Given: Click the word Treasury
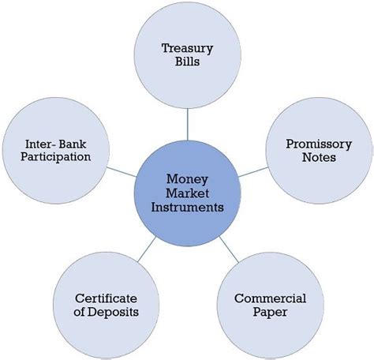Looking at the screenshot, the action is point(187,49).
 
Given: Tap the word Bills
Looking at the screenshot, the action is point(187,62).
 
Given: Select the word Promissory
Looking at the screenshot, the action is point(319,144).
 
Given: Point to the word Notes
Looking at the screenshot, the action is point(319,157).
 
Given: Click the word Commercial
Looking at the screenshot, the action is point(270,298).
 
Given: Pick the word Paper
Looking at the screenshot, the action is point(270,312).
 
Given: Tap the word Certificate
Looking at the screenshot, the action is point(106,298).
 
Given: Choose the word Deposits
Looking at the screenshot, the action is point(113,313).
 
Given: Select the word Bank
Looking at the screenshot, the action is point(73,144).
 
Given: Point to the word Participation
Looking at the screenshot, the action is point(56,157).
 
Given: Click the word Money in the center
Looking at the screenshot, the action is point(187,180).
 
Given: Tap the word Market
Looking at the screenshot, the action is point(187,193).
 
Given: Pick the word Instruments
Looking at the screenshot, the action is point(187,207).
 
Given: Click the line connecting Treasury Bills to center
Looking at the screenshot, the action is point(188,125).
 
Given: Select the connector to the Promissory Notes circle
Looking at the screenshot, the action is point(253,172).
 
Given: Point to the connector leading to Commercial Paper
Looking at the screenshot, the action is point(229,249).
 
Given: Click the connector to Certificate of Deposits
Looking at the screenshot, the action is point(147,249).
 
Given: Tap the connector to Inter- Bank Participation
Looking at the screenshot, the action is point(122,172).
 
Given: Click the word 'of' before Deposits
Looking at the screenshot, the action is point(80,312).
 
